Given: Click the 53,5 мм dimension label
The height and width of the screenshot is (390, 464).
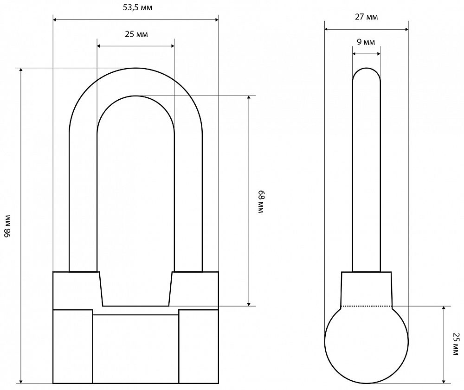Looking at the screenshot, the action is pyautogui.click(x=138, y=8).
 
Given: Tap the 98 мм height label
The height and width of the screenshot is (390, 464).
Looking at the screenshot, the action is pyautogui.click(x=7, y=226).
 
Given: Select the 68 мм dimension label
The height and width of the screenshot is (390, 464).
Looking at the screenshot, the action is pyautogui.click(x=261, y=202).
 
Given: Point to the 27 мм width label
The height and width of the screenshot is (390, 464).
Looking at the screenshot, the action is pyautogui.click(x=367, y=17).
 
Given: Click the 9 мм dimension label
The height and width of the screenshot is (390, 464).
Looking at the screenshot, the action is pyautogui.click(x=366, y=42).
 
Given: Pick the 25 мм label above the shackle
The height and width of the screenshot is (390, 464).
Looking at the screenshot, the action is pyautogui.click(x=136, y=34).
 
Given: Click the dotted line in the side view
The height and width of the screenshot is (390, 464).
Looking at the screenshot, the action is pyautogui.click(x=367, y=306).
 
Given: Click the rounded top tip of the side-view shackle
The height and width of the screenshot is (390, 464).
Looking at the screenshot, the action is pyautogui.click(x=367, y=68).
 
